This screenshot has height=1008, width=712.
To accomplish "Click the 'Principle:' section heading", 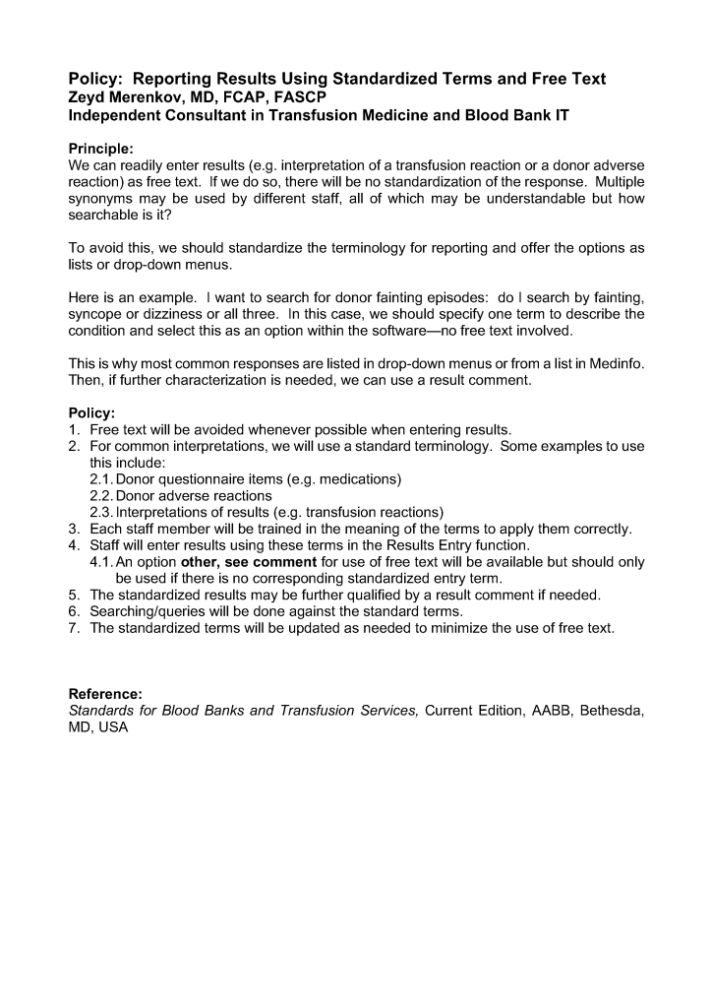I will (x=101, y=149).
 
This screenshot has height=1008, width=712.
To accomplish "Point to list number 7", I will (x=74, y=628).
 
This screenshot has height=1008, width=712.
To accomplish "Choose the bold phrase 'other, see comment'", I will (x=249, y=562).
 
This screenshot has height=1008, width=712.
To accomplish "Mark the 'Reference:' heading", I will (x=105, y=694).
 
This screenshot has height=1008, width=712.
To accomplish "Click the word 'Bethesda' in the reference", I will (x=612, y=711).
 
